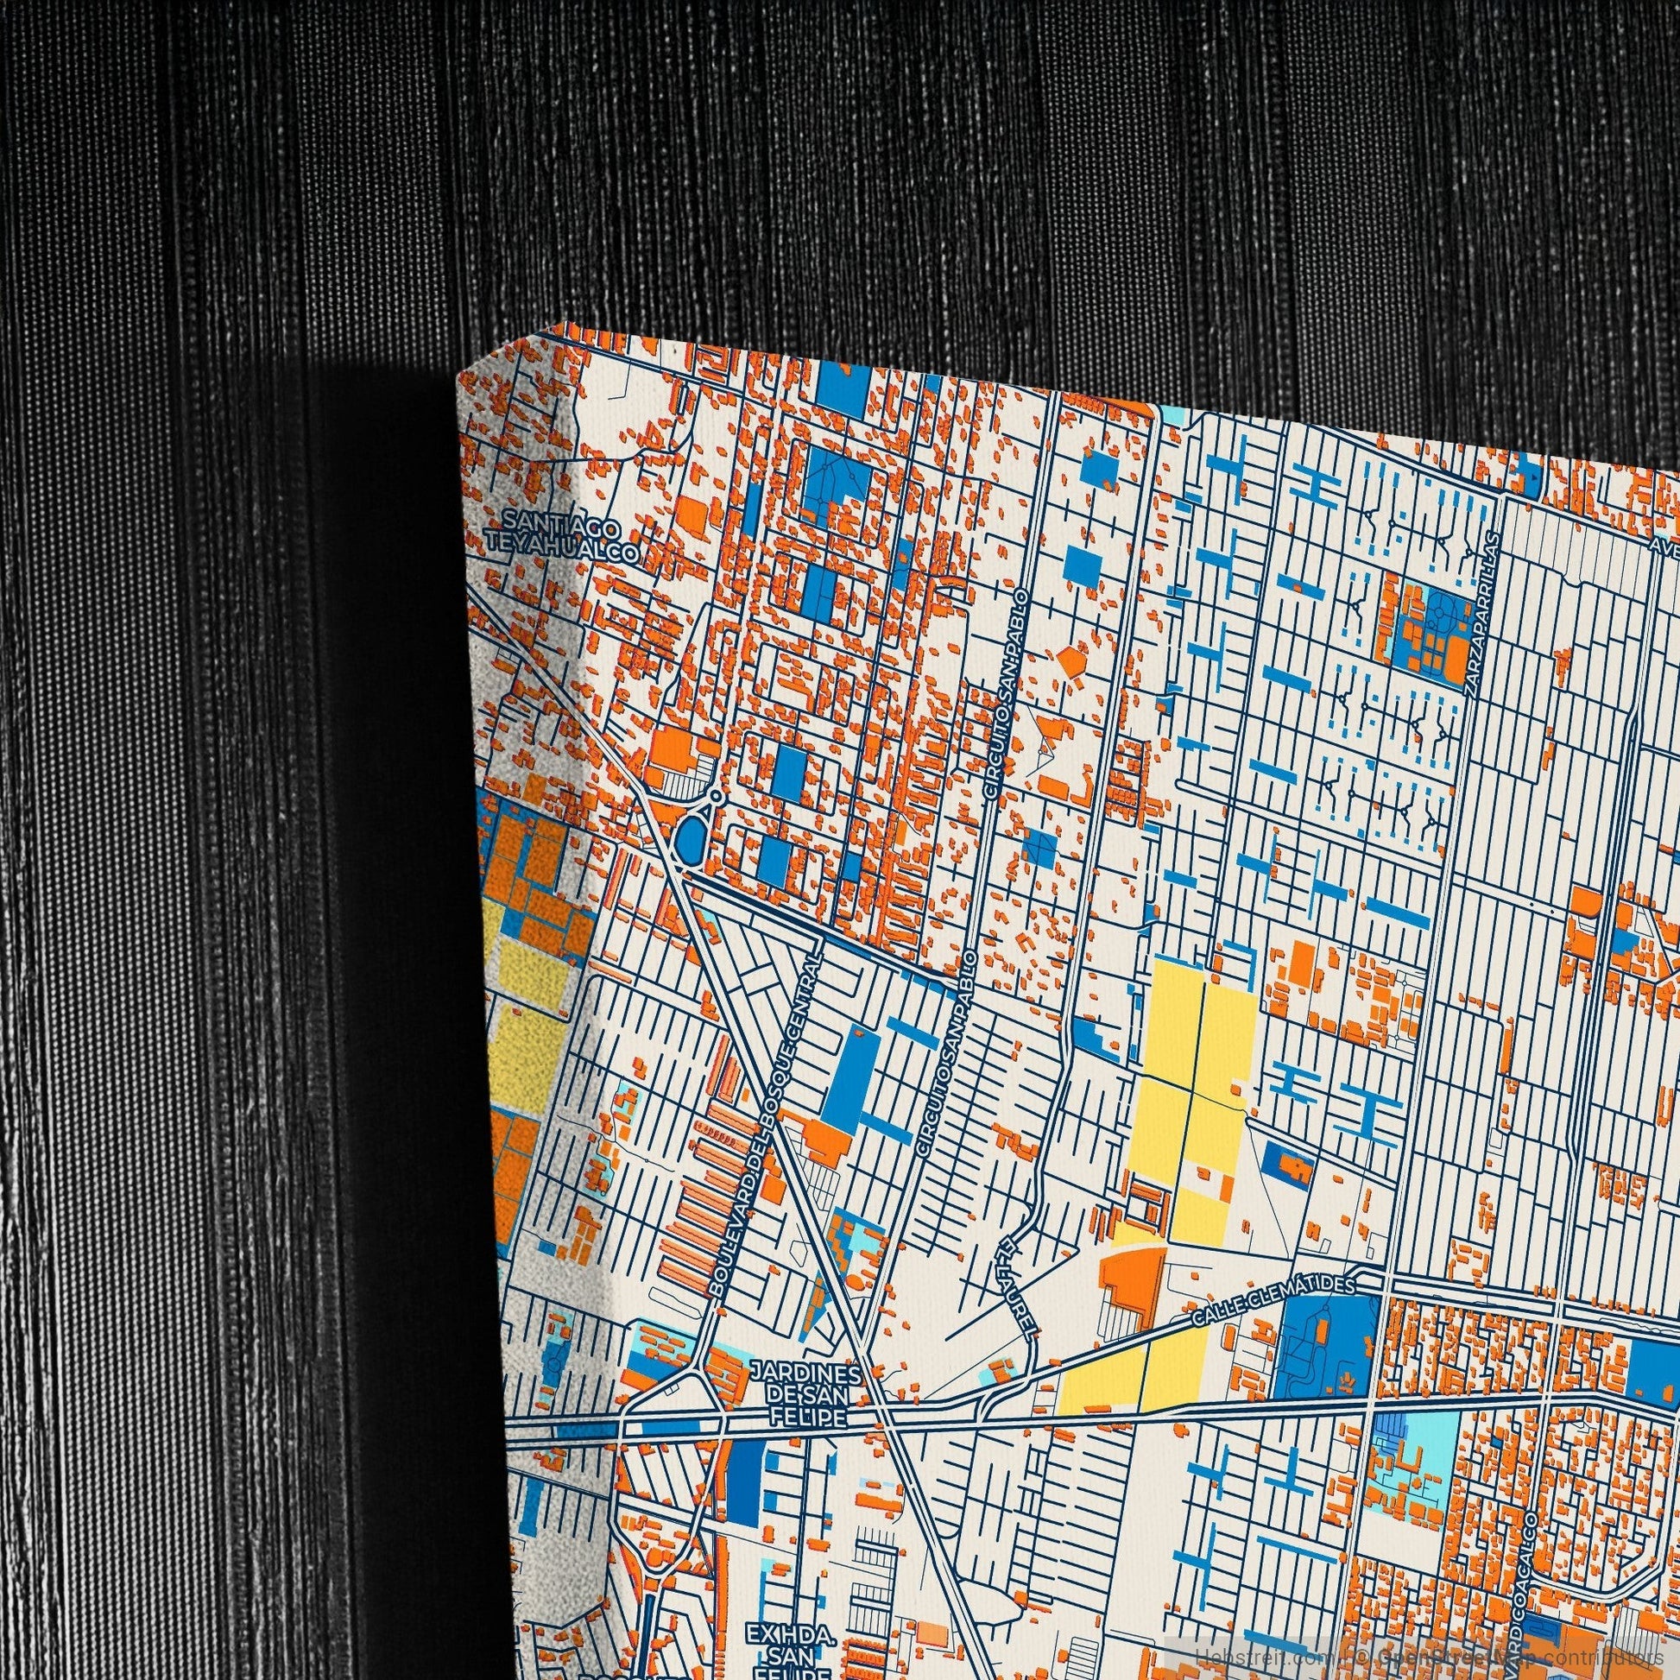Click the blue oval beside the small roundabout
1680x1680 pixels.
point(692,837)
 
